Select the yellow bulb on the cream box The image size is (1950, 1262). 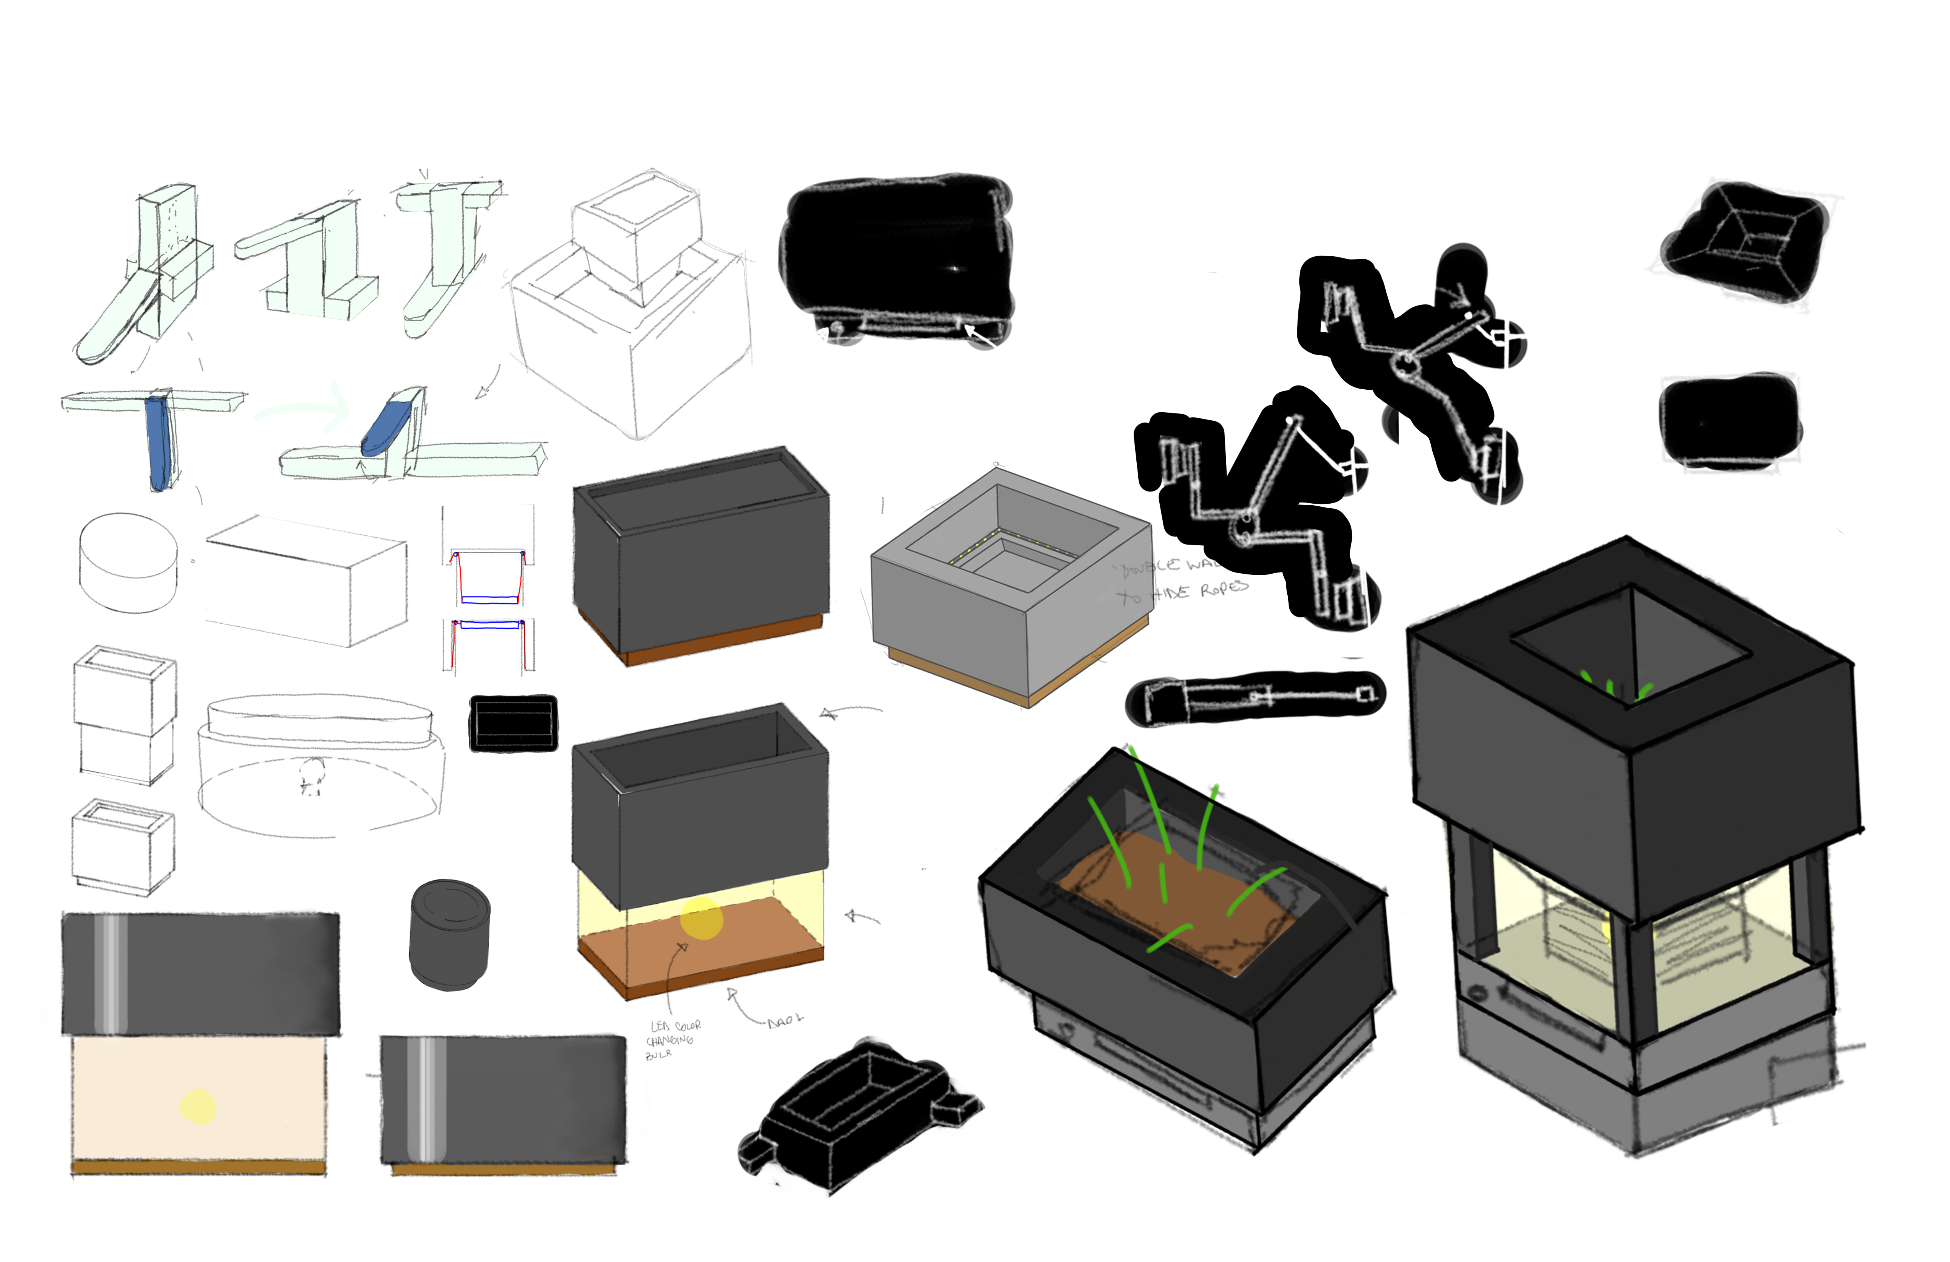point(197,1106)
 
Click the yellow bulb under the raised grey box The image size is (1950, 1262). point(701,918)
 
